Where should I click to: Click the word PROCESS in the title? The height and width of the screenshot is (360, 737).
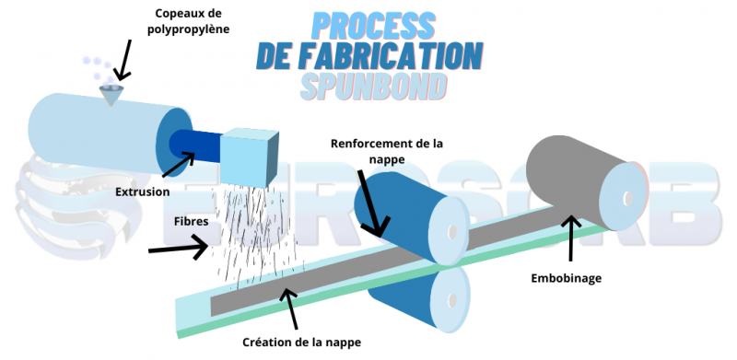click(367, 25)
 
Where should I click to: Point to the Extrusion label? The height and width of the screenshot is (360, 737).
click(143, 192)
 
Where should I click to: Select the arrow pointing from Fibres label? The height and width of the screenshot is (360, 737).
click(178, 247)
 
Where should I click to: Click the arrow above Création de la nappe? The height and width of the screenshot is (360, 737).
click(291, 308)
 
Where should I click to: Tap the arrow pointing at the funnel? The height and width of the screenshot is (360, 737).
click(123, 62)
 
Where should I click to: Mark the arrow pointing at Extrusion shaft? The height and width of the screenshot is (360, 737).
click(178, 166)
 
